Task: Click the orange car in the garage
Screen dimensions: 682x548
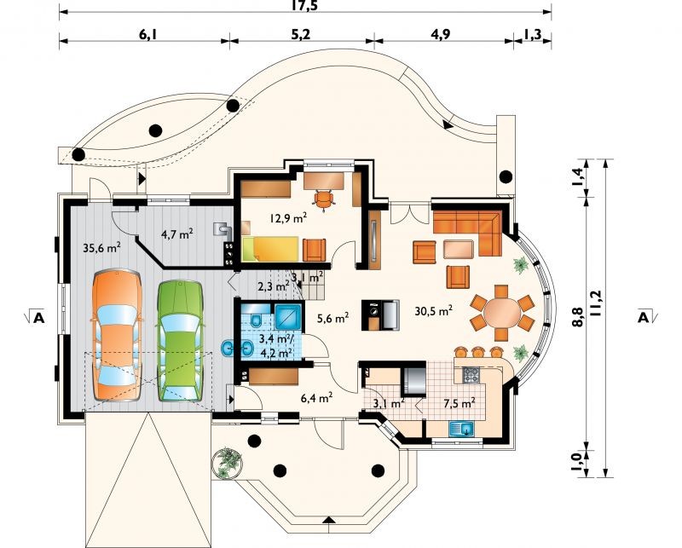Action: click(117, 335)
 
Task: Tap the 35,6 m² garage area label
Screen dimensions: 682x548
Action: click(101, 248)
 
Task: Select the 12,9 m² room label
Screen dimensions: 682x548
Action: click(288, 218)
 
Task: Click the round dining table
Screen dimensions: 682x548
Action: click(501, 312)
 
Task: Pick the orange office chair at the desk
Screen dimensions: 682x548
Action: click(324, 199)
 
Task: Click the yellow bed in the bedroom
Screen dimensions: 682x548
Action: click(270, 248)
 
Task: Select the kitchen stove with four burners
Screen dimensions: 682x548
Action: click(471, 375)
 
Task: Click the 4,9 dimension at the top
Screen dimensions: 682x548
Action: click(441, 34)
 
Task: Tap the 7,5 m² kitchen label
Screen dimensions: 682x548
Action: click(459, 403)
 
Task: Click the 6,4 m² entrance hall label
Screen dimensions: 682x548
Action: click(317, 396)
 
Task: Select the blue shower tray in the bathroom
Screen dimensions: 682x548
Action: click(287, 316)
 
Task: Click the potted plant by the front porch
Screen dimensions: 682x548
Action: click(228, 464)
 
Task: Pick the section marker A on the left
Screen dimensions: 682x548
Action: click(38, 318)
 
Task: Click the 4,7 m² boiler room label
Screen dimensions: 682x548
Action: click(177, 234)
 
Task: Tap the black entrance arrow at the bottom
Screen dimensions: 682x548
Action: click(330, 520)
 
